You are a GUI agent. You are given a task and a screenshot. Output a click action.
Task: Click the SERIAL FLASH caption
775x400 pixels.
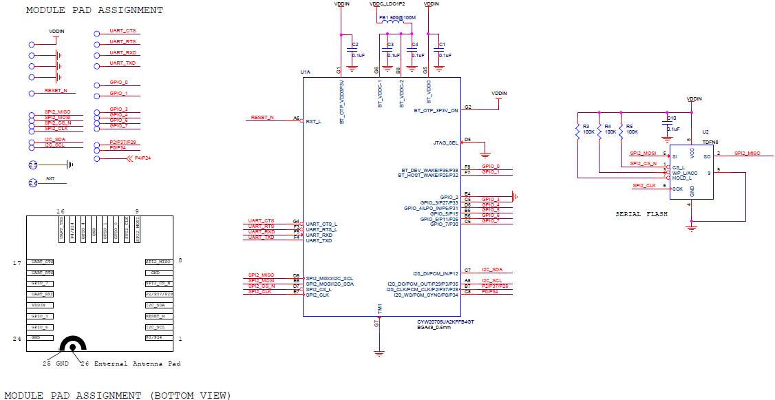[x=641, y=214]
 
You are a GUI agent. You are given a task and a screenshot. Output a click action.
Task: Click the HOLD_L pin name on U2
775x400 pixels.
[x=681, y=178]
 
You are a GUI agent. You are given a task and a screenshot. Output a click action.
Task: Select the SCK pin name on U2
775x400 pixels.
[x=677, y=188]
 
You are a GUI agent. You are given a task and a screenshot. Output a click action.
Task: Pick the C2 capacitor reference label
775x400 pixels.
[x=355, y=45]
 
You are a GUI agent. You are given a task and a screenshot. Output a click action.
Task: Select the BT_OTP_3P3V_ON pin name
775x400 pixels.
[x=436, y=110]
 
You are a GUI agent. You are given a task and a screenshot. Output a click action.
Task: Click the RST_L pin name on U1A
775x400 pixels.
[x=313, y=120]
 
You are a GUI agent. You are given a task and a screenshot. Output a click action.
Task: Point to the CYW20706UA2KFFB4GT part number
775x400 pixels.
[x=445, y=322]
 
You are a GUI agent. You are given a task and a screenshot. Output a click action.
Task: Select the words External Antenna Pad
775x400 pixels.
[x=137, y=364]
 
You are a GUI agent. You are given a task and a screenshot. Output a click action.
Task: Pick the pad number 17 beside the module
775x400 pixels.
[x=17, y=263]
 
